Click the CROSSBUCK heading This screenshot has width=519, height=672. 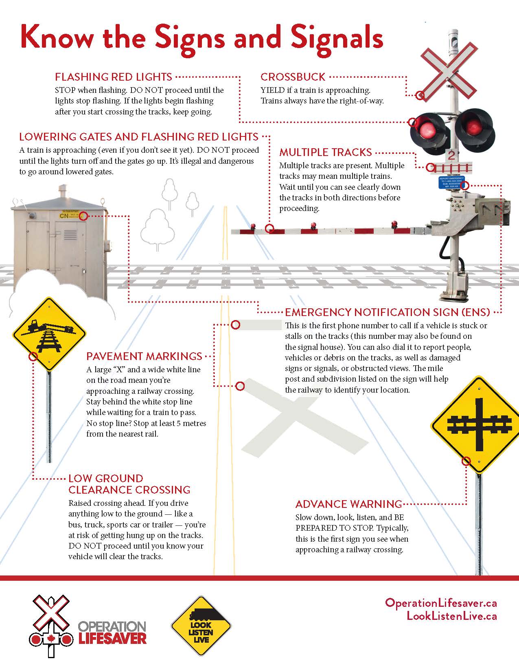coord(293,77)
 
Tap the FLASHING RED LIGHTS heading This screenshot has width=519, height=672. coord(114,77)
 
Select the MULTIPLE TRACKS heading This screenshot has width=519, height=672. coord(325,152)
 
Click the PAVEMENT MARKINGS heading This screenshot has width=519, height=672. coord(144,356)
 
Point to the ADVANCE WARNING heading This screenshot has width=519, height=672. coord(348,504)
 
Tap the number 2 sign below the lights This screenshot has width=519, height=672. coord(451,155)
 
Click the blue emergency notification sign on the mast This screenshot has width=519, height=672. coord(450,183)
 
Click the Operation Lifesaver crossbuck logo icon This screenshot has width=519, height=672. coord(50,626)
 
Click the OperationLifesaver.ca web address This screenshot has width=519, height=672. coord(440,603)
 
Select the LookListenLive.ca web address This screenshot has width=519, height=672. coord(451,616)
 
